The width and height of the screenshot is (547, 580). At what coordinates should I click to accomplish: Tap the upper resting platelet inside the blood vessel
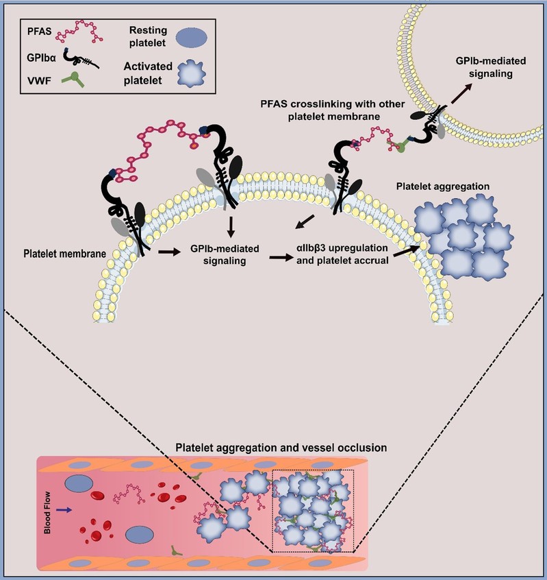(x=81, y=483)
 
